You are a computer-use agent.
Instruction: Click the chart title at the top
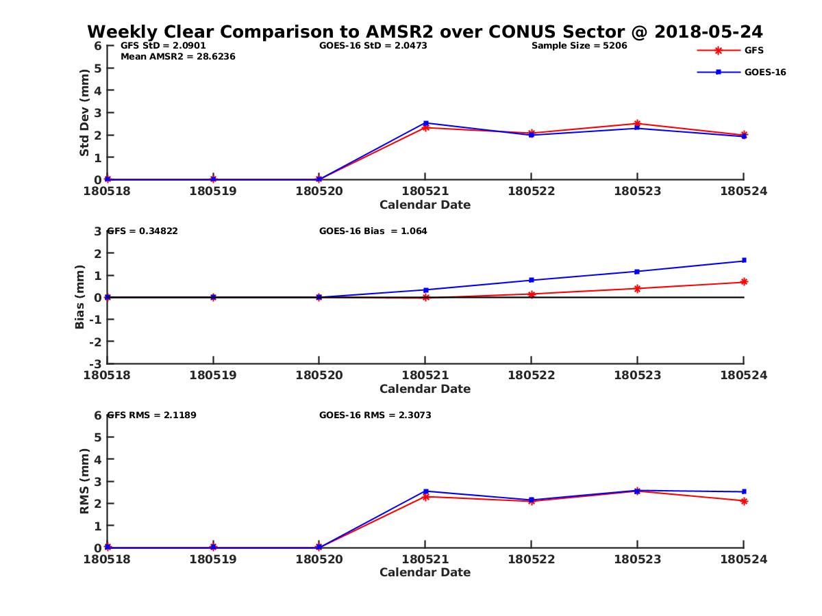425,32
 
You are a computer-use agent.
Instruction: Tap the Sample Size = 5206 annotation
579,46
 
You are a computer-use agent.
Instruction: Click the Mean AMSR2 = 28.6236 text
177,57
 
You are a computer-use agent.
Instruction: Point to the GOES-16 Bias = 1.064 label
373,231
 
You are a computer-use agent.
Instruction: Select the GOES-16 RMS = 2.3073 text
375,415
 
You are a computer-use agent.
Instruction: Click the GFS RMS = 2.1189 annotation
152,415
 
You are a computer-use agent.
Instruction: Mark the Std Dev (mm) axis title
84,113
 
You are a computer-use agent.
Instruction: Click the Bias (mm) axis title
80,297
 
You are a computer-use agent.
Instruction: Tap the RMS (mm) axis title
84,481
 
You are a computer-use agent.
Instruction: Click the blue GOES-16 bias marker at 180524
744,260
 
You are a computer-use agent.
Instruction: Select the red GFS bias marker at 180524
744,282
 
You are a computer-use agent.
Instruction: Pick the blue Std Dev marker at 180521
425,123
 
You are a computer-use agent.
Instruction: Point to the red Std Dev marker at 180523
638,124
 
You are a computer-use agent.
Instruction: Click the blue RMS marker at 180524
744,491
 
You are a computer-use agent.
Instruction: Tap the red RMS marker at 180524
744,501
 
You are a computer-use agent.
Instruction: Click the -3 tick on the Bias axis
98,363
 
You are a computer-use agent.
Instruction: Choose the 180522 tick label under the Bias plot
531,374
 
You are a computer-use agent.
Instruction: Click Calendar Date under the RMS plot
425,572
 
